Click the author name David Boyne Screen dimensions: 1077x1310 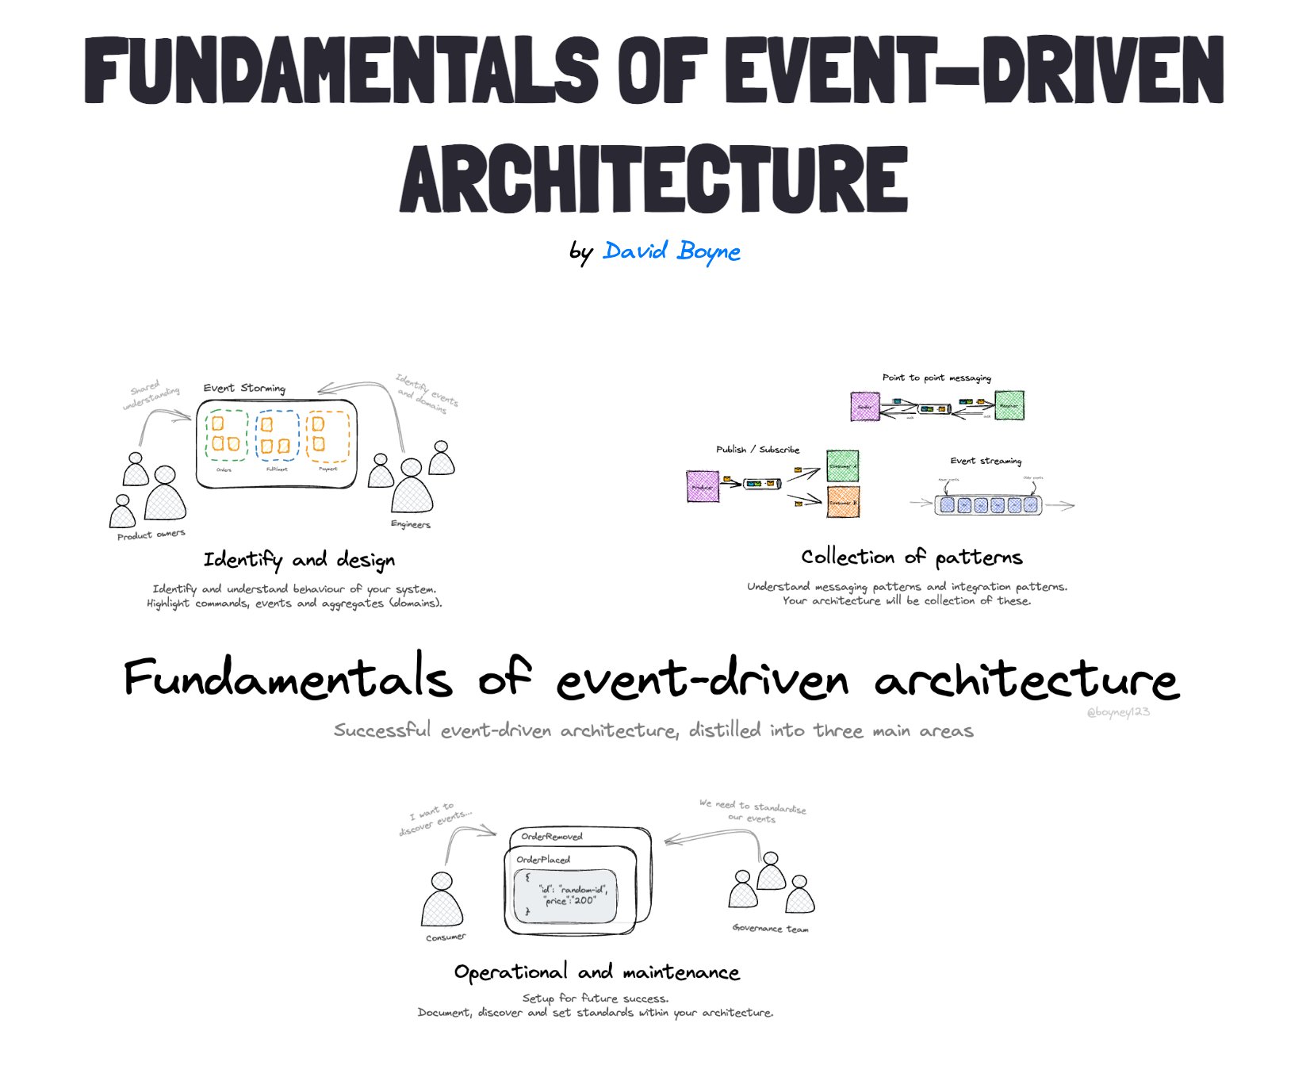(x=671, y=251)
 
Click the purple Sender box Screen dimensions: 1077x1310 (x=864, y=406)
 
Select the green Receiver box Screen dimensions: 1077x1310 (x=1009, y=405)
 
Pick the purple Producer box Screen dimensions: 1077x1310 (x=703, y=486)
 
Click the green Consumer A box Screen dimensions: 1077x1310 (x=842, y=466)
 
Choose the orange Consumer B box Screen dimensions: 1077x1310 (x=843, y=502)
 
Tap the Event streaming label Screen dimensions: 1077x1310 (x=986, y=461)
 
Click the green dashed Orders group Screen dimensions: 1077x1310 (x=226, y=435)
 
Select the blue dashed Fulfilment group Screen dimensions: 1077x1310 (x=277, y=435)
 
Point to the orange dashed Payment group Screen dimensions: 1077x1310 (x=327, y=435)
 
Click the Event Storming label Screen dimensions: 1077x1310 (x=243, y=388)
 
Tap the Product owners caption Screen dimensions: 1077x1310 (x=151, y=535)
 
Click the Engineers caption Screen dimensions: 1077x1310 (x=411, y=524)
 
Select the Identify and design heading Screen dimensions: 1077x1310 (x=299, y=560)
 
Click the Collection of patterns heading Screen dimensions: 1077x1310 (x=911, y=558)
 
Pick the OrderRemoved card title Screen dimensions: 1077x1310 (x=552, y=836)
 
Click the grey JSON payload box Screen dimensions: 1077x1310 (x=565, y=896)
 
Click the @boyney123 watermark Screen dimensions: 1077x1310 (x=1117, y=712)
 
